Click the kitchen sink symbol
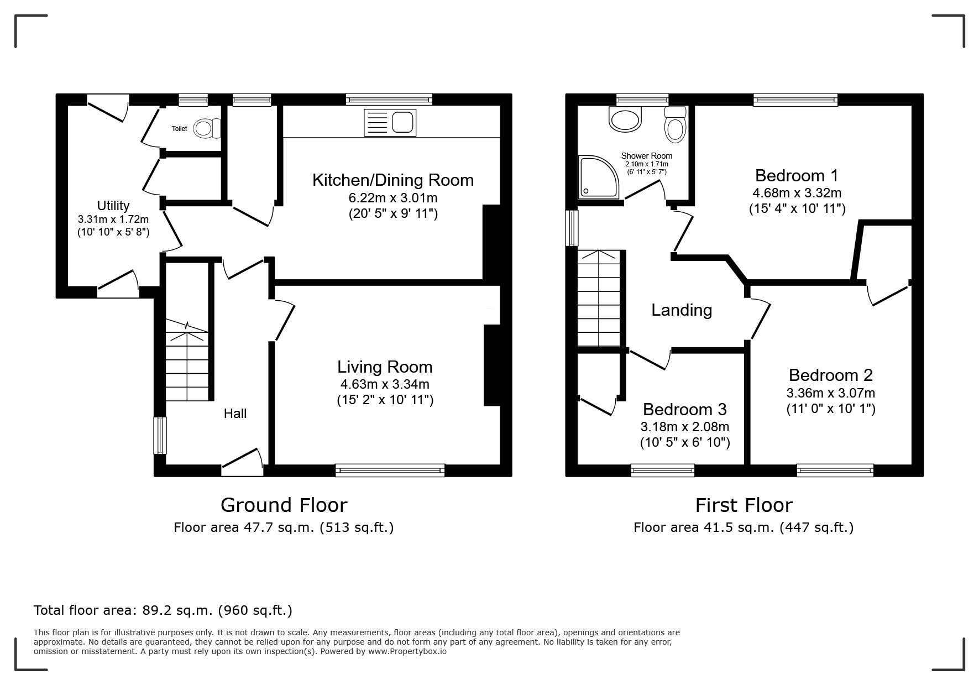coord(390,123)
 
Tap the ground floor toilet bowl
coord(208,129)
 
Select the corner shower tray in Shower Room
coord(599,177)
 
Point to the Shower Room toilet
coord(675,123)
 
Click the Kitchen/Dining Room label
coord(393,180)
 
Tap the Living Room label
coord(385,367)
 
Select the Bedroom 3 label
coord(685,410)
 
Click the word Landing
coord(682,310)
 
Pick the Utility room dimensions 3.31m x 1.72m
coord(113,219)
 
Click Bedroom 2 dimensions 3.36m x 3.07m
coord(831,394)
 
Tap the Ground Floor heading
coord(284,505)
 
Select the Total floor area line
coord(163,610)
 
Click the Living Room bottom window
coord(390,470)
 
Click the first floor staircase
coord(599,299)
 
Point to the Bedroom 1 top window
coord(795,100)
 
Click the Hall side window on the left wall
coord(160,435)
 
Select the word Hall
coord(235,414)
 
